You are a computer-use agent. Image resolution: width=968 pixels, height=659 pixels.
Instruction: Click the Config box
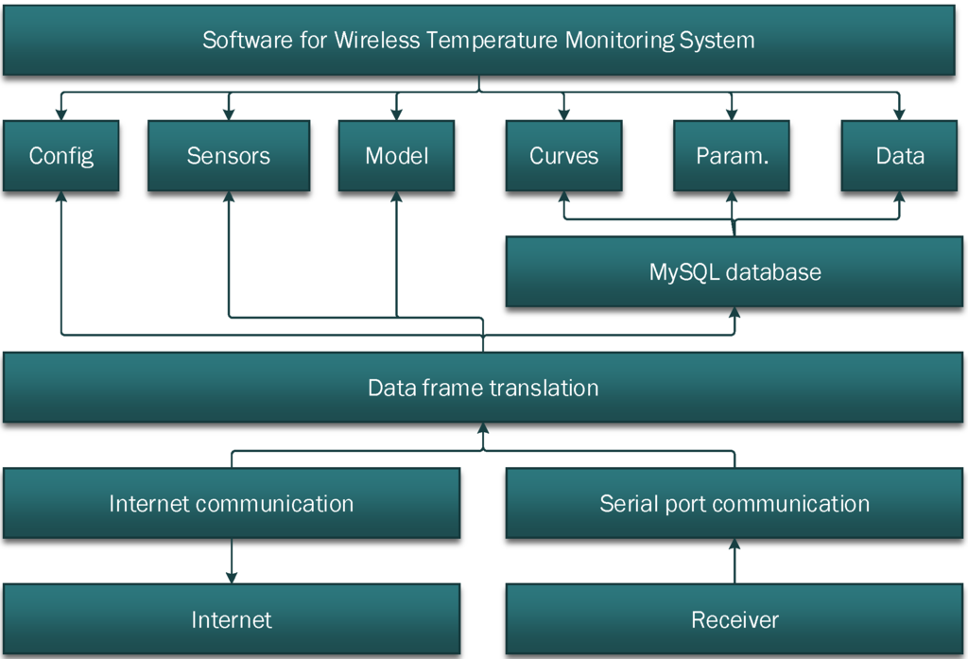[x=60, y=156]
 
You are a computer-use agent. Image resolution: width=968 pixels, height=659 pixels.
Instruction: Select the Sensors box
[x=228, y=156]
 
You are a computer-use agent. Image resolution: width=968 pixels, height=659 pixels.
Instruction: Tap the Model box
[x=396, y=156]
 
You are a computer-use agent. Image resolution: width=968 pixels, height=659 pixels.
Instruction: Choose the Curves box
[x=563, y=156]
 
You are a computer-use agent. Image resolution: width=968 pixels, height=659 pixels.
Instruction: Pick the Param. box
[x=732, y=156]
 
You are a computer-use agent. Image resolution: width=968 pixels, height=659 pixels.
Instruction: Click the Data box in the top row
[x=899, y=156]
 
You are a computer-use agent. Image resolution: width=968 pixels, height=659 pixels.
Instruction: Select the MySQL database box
[x=735, y=272]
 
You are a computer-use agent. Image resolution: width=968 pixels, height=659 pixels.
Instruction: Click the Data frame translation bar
[x=483, y=388]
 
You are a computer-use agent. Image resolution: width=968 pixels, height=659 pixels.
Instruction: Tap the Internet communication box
[x=232, y=503]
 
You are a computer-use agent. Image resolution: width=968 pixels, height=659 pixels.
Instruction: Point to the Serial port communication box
[x=735, y=503]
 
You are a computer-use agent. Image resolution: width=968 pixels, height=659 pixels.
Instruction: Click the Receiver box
[x=735, y=620]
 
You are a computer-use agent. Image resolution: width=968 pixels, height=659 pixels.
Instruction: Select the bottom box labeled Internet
[x=232, y=620]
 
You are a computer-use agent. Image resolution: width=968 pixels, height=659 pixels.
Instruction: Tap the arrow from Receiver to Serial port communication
[x=735, y=562]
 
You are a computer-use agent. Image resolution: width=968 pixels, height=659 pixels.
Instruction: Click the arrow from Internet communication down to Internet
[x=232, y=562]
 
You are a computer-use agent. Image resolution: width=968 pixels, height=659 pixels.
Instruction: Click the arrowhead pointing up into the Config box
[x=60, y=198]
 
